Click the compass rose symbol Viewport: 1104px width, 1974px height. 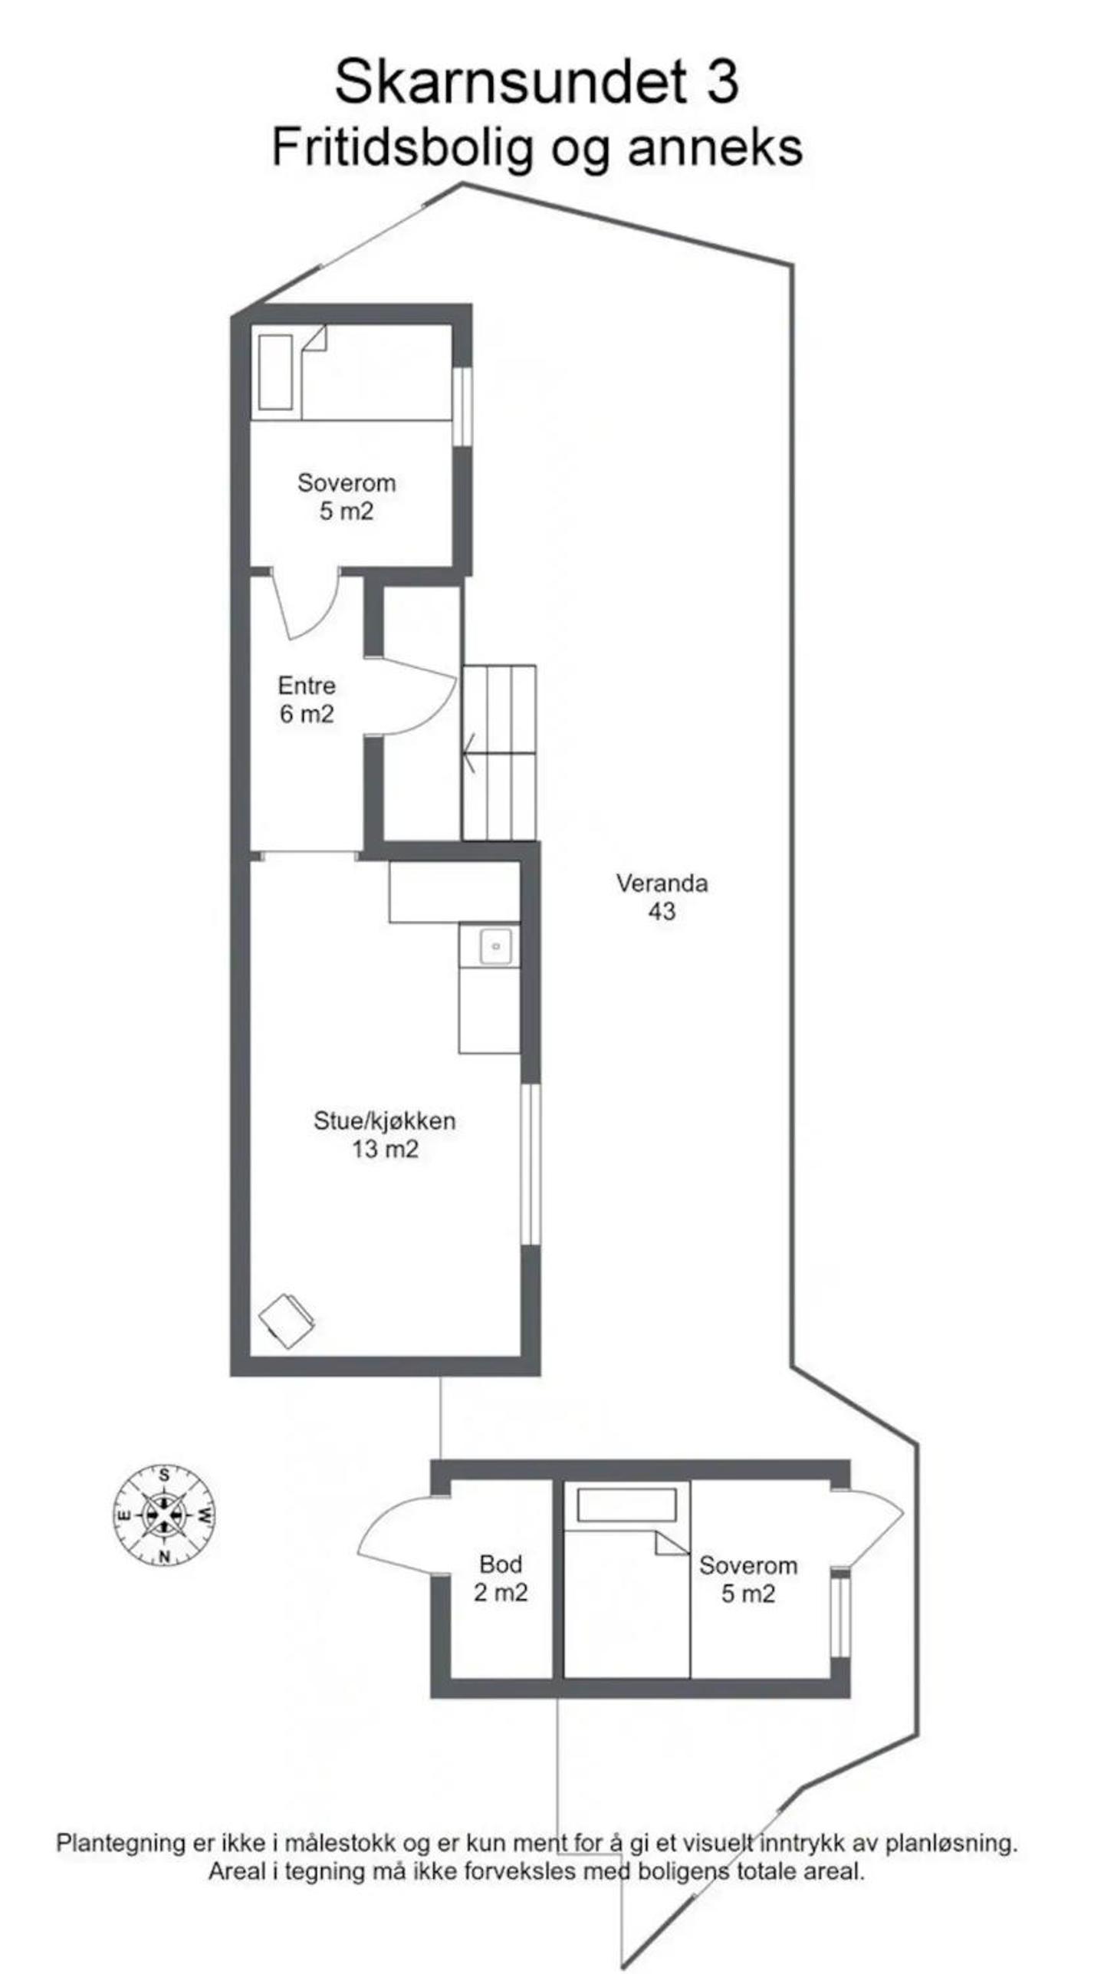[x=164, y=1514]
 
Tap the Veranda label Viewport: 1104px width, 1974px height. [x=662, y=883]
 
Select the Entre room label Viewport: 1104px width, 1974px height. [x=307, y=685]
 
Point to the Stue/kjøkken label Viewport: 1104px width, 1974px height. [x=384, y=1120]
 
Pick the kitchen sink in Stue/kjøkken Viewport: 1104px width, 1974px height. [x=496, y=946]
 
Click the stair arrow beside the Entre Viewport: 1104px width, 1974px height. [x=469, y=753]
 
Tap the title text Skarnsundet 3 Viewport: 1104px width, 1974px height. [x=537, y=81]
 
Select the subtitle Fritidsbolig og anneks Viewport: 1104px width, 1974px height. [x=537, y=147]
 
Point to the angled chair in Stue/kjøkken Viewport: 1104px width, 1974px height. [x=287, y=1321]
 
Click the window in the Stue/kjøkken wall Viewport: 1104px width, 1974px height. [x=531, y=1163]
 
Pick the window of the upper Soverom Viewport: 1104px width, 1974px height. [x=462, y=406]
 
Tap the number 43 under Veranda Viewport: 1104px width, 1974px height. [x=662, y=911]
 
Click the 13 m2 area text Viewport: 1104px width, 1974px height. [x=385, y=1149]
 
